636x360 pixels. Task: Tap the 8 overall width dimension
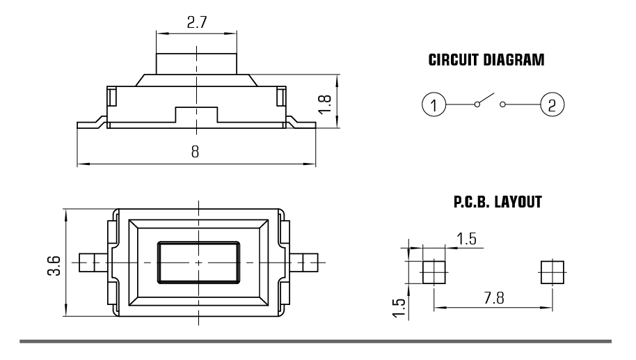click(x=195, y=152)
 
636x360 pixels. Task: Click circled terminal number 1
click(x=434, y=106)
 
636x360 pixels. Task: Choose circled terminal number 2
click(x=552, y=106)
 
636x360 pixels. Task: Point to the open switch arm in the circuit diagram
click(x=485, y=100)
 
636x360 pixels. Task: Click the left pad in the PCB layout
click(x=434, y=271)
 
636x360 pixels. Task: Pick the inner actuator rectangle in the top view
click(x=198, y=262)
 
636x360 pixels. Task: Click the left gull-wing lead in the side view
click(x=90, y=123)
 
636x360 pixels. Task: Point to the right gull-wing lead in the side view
click(x=301, y=123)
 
